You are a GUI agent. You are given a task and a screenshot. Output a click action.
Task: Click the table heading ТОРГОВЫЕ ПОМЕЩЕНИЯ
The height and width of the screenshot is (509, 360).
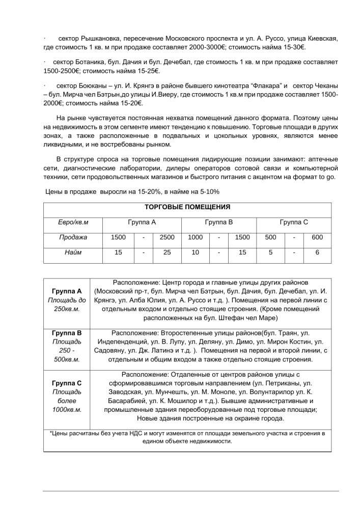click(187, 208)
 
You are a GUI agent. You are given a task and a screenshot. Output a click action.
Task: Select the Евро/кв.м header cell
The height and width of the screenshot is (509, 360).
click(73, 222)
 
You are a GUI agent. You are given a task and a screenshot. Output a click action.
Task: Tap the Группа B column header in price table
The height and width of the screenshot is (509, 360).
click(218, 222)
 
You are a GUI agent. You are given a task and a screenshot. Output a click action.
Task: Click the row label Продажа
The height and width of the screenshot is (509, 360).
click(73, 237)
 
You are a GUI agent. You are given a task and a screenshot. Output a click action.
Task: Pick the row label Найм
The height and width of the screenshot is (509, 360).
click(73, 252)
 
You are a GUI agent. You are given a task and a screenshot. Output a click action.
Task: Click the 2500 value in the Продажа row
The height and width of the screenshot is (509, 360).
click(167, 237)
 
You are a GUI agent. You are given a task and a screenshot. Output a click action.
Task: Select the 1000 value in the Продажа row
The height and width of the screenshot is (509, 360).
click(195, 237)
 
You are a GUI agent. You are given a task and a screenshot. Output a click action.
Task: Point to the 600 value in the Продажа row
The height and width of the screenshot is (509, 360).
click(317, 237)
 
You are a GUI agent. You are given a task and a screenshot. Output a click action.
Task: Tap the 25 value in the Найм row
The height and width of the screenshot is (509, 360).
click(167, 252)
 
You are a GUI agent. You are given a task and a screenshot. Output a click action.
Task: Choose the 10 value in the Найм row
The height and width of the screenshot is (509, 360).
click(195, 252)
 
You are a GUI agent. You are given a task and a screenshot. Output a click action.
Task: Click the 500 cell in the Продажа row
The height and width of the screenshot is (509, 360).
click(270, 237)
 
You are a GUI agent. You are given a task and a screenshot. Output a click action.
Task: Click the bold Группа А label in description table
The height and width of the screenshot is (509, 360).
click(67, 291)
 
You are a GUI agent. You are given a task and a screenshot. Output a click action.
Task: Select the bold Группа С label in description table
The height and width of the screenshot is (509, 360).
click(67, 383)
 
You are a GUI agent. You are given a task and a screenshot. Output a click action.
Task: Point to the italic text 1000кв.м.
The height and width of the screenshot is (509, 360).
click(67, 409)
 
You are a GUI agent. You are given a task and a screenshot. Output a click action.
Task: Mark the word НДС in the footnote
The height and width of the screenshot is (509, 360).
click(137, 433)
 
